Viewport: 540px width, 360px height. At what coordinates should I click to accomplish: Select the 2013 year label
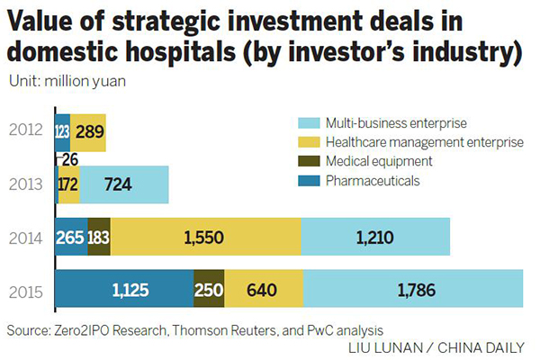28,184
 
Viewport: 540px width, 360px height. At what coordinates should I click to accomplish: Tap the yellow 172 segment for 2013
68,184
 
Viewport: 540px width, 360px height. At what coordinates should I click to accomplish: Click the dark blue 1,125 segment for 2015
124,290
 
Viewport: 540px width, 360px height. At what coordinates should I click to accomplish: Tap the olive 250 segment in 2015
209,290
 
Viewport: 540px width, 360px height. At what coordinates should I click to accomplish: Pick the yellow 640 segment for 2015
264,290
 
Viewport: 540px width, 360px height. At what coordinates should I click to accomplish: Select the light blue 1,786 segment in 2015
412,290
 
